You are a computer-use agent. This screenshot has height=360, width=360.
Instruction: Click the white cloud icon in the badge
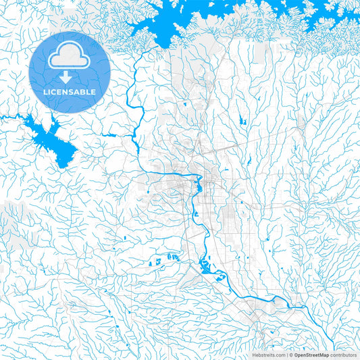[x=70, y=57]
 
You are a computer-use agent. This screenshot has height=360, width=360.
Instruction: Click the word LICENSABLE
[x=70, y=91]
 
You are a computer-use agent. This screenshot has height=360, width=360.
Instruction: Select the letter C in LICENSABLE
[x=57, y=91]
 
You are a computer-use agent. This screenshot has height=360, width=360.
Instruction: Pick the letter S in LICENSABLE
[x=75, y=91]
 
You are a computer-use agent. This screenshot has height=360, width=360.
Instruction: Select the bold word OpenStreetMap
[x=311, y=354]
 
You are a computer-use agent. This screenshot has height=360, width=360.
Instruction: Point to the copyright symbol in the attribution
[x=289, y=354]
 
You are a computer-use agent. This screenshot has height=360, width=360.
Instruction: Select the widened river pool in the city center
[x=198, y=182]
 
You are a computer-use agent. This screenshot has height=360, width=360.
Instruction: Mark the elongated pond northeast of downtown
[x=241, y=122]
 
